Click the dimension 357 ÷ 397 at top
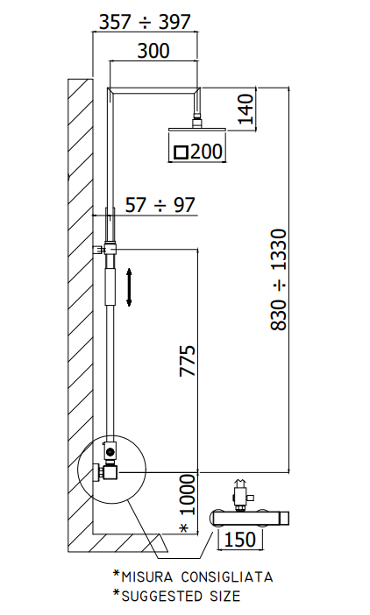pos(145,22)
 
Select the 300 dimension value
pos(153,51)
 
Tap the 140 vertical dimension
pos(246,109)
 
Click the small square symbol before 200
pos(181,152)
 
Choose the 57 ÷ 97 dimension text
pos(160,205)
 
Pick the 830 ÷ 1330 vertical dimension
pos(280,279)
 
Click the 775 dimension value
pos(188,361)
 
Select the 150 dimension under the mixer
pos(240,540)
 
